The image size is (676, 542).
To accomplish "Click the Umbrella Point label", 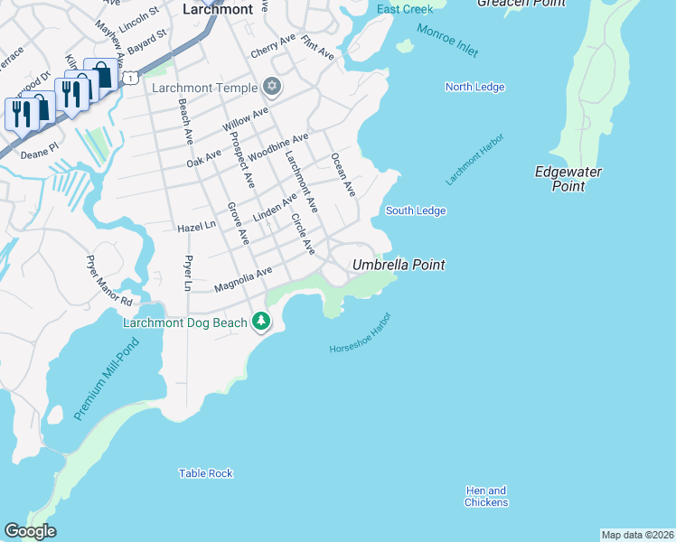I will (399, 265).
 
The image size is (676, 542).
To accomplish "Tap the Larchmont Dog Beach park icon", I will (261, 322).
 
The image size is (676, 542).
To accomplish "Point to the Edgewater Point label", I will (568, 179).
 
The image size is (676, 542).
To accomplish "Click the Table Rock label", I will (205, 473).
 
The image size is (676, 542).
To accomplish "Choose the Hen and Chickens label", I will (486, 497).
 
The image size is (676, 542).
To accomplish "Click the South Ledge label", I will (416, 210).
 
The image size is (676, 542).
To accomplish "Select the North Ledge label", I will (474, 87).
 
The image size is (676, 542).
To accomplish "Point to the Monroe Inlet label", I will (447, 41).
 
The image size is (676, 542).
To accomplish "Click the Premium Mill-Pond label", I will (107, 380).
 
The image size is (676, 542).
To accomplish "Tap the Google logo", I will (30, 531).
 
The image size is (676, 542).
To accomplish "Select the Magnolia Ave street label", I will (242, 279).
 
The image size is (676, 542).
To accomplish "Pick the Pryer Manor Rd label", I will (109, 282).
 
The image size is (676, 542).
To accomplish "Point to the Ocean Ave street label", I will (343, 174).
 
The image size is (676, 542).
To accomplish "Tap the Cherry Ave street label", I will (274, 42).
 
